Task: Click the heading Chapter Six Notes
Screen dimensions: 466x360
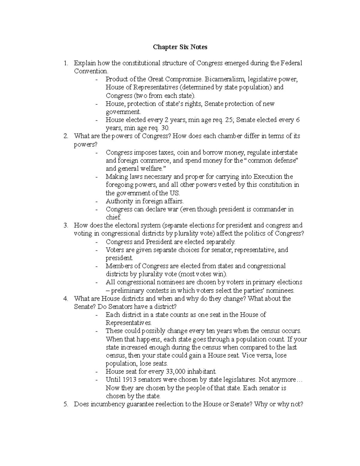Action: (x=180, y=47)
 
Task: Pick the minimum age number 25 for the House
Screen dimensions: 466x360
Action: (x=230, y=120)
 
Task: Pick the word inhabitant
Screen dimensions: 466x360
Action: (x=201, y=372)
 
